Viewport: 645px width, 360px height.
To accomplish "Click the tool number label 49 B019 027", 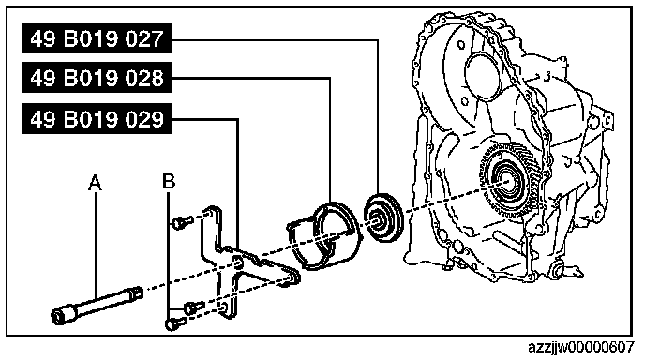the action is tap(97, 38).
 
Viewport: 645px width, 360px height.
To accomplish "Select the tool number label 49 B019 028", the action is tap(97, 78).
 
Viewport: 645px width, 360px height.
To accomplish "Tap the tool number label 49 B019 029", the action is tap(97, 119).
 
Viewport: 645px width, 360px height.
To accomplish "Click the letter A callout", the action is tap(95, 182).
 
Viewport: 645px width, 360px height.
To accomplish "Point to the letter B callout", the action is tap(169, 182).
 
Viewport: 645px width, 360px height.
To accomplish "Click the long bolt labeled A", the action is tap(97, 305).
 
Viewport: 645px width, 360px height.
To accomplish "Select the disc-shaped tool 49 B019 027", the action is tap(383, 217).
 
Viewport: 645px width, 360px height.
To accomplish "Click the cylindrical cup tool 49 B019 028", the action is tap(323, 235).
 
